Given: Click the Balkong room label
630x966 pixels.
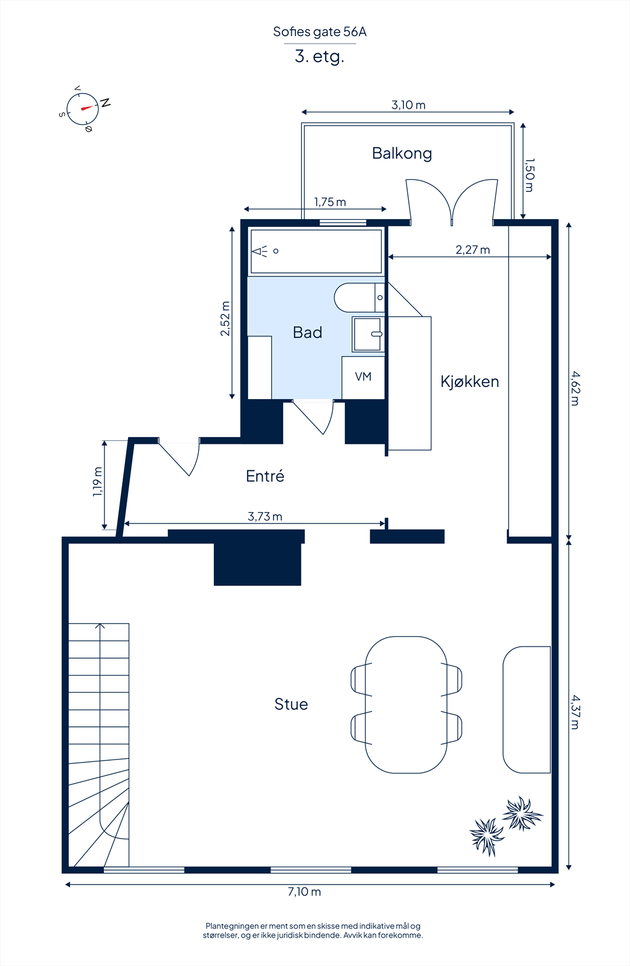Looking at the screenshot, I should pos(402,153).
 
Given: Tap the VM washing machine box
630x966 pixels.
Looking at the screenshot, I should pos(363,377).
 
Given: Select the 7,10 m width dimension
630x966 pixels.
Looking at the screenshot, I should pos(304,892).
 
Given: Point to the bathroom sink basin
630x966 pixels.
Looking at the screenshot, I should pos(367,334).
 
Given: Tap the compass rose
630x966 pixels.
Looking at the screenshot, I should pos(83,109).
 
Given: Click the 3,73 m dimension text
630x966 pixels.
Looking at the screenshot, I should pos(265,516).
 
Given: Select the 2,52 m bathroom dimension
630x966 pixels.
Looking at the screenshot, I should pos(225,318).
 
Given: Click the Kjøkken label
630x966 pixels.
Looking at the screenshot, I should pos(469,382).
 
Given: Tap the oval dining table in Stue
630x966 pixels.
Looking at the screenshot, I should pos(406,705).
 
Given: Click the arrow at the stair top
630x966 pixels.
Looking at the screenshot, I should pos(100,627).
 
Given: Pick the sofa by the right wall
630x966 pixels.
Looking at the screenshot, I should pos(526,709).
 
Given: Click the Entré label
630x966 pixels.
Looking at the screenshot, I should pos(265,476).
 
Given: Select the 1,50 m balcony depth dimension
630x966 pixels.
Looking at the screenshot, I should pos(529,175).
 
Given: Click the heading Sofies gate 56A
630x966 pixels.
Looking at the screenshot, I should pos(320,32).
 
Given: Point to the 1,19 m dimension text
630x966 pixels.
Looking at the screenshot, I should pos(97,482).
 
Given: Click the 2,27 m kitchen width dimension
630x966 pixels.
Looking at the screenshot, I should pos(472,250).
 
